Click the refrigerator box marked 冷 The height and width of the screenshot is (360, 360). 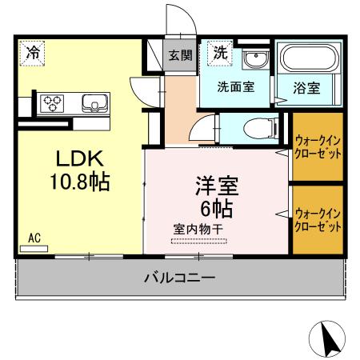click(31, 53)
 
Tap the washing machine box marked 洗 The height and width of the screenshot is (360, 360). click(219, 53)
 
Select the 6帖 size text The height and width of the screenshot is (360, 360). click(216, 209)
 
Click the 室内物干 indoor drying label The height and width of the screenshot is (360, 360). click(198, 229)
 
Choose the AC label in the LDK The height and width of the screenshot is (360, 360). click(34, 238)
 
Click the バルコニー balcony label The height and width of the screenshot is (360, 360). click(179, 278)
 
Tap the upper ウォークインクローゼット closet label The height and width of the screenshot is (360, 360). click(318, 146)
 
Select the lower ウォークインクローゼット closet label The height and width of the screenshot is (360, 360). click(318, 220)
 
